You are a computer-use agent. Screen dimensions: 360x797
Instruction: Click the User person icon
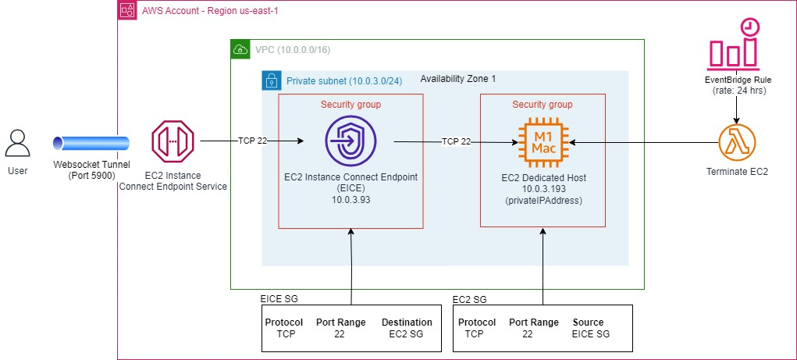18,143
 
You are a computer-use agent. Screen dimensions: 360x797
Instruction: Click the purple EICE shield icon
350,141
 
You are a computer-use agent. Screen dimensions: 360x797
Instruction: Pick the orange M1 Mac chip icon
543,142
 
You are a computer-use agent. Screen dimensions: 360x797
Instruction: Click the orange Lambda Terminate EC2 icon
738,143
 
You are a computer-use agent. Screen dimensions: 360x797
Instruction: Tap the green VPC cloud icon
240,50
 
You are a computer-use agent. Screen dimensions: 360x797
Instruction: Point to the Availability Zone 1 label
457,79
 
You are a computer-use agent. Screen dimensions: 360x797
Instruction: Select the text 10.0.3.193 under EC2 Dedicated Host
543,189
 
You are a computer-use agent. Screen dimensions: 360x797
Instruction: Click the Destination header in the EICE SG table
407,323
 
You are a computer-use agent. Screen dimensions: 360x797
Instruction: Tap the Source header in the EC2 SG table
588,323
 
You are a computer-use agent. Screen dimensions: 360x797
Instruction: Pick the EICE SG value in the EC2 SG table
590,334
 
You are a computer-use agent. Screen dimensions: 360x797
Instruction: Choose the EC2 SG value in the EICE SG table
407,334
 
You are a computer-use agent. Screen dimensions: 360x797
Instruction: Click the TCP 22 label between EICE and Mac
457,142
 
